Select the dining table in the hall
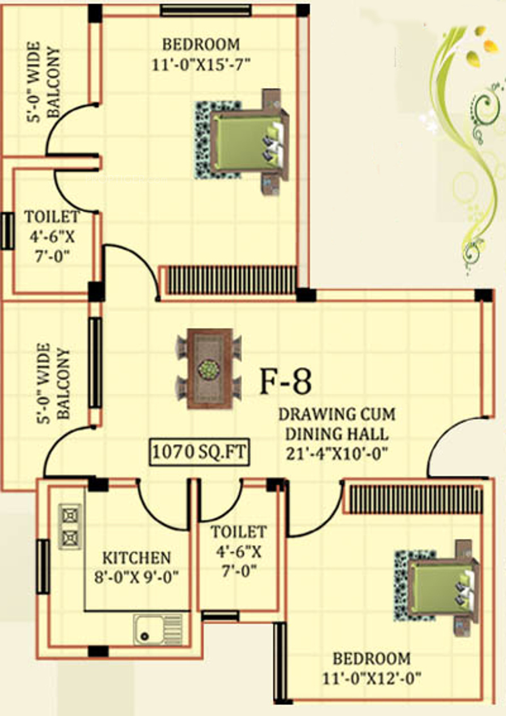(209, 369)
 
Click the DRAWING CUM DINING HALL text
(336, 424)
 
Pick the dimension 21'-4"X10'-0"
(336, 454)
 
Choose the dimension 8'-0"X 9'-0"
(137, 577)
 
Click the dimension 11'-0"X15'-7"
(201, 64)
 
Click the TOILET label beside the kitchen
(238, 532)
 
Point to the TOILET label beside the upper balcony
(51, 216)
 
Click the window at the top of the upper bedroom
(205, 10)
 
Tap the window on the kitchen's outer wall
(43, 566)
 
